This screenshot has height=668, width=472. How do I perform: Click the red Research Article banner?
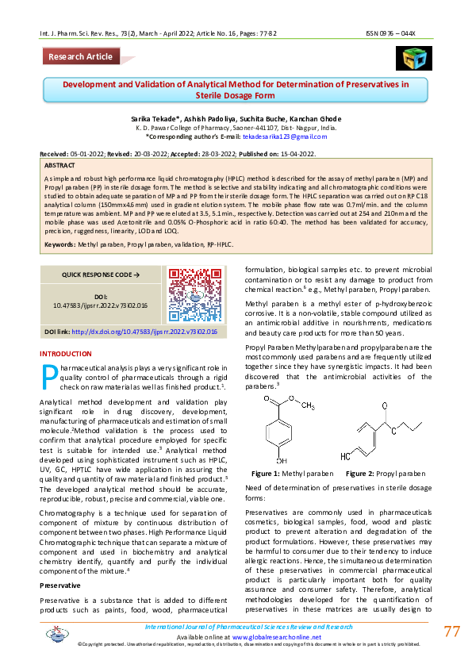tap(80, 56)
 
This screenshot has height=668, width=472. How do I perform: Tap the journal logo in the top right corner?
tap(413, 58)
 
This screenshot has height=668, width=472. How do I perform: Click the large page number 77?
tap(451, 632)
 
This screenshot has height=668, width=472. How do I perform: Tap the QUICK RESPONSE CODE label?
tap(100, 274)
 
